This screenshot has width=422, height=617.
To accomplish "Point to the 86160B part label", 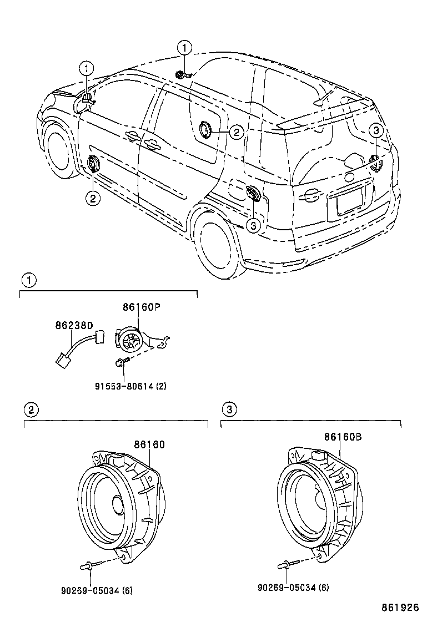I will (x=343, y=437).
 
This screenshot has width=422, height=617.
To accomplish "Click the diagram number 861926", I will (x=399, y=608).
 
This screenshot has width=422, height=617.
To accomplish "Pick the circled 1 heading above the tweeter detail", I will (x=28, y=280).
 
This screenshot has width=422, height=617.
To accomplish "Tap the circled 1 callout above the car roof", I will (x=184, y=48).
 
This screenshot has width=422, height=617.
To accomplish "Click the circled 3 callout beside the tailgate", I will (x=376, y=131).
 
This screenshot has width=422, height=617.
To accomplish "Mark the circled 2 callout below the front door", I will (x=92, y=198).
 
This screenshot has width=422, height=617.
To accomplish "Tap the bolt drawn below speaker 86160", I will (x=89, y=565).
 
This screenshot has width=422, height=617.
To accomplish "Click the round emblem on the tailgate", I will (x=349, y=178).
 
